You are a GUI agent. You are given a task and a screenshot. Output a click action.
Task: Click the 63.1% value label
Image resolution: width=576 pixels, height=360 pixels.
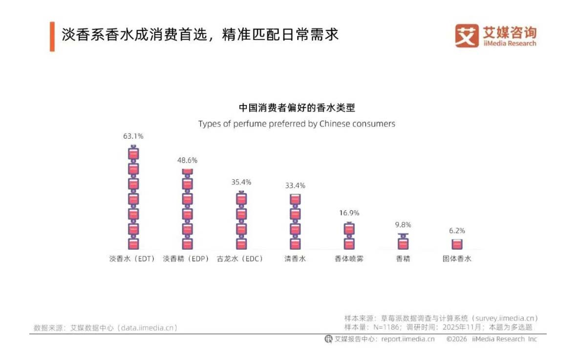pyautogui.click(x=133, y=136)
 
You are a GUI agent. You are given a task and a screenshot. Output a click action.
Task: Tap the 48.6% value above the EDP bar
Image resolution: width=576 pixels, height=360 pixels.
pyautogui.click(x=188, y=160)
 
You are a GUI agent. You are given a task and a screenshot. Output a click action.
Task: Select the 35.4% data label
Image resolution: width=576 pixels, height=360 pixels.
pyautogui.click(x=241, y=182)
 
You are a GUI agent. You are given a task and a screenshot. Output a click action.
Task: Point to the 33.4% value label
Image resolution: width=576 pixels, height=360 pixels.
pyautogui.click(x=295, y=186)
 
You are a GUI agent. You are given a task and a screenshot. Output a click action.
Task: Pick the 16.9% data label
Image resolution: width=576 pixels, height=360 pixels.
pyautogui.click(x=349, y=213)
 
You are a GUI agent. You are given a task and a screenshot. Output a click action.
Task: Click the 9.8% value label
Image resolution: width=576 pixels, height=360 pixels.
pyautogui.click(x=403, y=225)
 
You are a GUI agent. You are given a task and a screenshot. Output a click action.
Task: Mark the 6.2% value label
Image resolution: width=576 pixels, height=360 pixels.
pyautogui.click(x=457, y=231)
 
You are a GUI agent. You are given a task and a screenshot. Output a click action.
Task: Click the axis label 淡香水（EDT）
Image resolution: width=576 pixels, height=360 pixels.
pyautogui.click(x=132, y=259)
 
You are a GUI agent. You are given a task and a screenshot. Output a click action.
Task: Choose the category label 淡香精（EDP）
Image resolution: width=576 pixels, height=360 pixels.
pyautogui.click(x=186, y=259)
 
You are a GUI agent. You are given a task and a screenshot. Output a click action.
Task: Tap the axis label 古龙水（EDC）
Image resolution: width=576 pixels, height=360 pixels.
pyautogui.click(x=240, y=259)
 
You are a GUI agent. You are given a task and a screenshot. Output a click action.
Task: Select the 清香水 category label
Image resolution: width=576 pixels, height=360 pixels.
pyautogui.click(x=295, y=259)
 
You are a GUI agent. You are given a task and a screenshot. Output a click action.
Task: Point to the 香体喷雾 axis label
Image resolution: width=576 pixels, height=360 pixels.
pyautogui.click(x=349, y=259)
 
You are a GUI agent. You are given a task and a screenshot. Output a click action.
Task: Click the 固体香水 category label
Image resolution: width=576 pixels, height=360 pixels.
pyautogui.click(x=457, y=259)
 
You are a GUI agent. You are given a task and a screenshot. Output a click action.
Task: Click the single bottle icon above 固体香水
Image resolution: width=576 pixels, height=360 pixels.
pyautogui.click(x=457, y=244)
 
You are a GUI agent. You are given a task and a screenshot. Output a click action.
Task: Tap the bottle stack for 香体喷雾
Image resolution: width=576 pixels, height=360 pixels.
pyautogui.click(x=349, y=236)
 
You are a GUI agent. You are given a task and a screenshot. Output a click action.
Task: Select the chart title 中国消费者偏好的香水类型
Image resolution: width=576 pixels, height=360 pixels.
pyautogui.click(x=297, y=108)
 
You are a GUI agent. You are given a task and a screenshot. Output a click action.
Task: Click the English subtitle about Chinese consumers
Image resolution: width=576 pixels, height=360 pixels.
pyautogui.click(x=297, y=124)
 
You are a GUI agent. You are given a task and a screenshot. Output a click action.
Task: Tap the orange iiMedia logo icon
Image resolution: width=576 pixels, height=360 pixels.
pyautogui.click(x=467, y=36)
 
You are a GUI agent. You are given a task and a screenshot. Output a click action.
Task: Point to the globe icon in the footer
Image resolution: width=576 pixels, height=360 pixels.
pyautogui.click(x=328, y=339)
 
